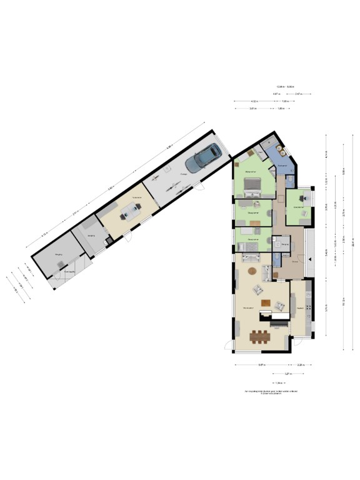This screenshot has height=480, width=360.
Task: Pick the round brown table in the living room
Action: [x=252, y=271]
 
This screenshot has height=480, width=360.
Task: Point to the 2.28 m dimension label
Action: [x=300, y=364]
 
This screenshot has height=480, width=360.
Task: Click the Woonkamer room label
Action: [x=248, y=307]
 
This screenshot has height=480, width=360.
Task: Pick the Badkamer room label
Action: [x=282, y=165]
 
